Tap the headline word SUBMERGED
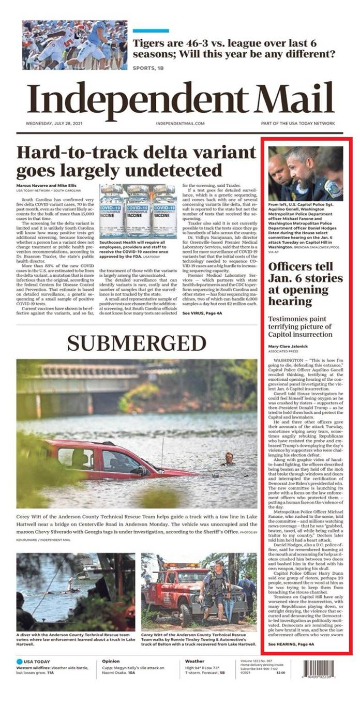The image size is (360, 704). (x=137, y=343)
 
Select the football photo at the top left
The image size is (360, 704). (x=74, y=45)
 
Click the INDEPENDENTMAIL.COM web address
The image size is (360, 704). (x=180, y=124)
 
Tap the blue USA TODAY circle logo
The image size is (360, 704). (x=20, y=662)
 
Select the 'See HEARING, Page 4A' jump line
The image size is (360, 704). (x=291, y=645)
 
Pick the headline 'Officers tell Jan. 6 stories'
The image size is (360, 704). (x=305, y=283)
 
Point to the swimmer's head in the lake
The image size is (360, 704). (x=229, y=456)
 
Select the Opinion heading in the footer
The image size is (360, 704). (x=111, y=661)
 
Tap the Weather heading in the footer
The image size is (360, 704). (x=194, y=661)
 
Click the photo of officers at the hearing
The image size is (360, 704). (x=305, y=174)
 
